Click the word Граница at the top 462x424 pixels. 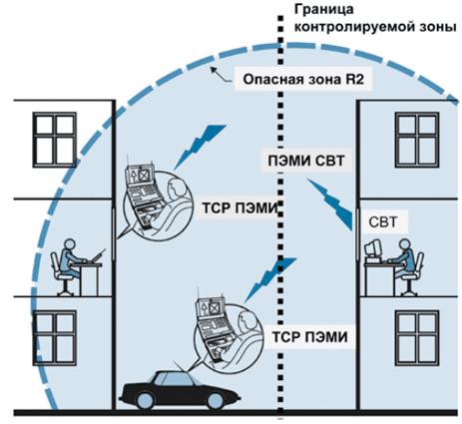pyautogui.click(x=323, y=9)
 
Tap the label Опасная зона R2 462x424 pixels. pyautogui.click(x=303, y=80)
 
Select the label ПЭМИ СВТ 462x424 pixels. pyautogui.click(x=306, y=161)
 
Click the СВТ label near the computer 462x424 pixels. pyautogui.click(x=383, y=221)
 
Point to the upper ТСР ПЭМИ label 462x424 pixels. pyautogui.click(x=239, y=209)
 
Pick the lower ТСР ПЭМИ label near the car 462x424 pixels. pyautogui.click(x=310, y=337)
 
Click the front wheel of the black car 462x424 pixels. pyautogui.click(x=145, y=401)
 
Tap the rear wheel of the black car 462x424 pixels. pyautogui.click(x=216, y=401)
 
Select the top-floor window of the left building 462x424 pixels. pyautogui.click(x=54, y=140)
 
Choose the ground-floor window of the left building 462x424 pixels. pyautogui.click(x=54, y=337)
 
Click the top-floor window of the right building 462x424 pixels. pyautogui.click(x=417, y=140)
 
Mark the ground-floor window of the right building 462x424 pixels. pyautogui.click(x=417, y=337)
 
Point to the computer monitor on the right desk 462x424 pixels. pyautogui.click(x=372, y=248)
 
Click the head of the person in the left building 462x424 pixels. pyautogui.click(x=70, y=244)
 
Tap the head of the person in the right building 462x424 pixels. pyautogui.click(x=404, y=244)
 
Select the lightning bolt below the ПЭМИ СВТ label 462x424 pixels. pyautogui.click(x=329, y=205)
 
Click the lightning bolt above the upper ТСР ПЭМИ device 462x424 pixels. pyautogui.click(x=201, y=147)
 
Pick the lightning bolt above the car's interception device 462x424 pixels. pyautogui.click(x=270, y=280)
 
